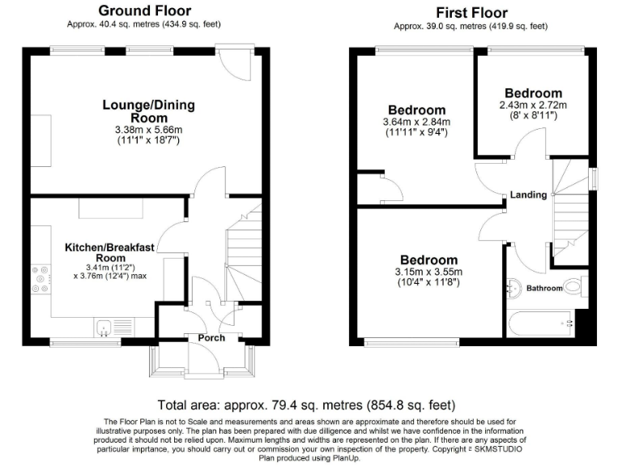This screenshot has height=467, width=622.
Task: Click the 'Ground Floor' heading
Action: point(144,11)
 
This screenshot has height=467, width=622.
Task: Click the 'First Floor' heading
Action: point(471,12)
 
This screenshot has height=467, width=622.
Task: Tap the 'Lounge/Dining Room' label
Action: point(148,111)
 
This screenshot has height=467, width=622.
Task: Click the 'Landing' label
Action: point(526,195)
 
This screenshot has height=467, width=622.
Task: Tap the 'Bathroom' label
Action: point(544,288)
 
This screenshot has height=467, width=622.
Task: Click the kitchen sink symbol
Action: point(104,328)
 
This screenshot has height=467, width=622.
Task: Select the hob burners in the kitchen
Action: point(39,279)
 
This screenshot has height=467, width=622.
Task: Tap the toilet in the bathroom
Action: point(574,285)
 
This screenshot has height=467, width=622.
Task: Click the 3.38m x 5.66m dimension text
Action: point(148,129)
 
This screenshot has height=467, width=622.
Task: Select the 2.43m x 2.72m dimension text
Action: point(532,105)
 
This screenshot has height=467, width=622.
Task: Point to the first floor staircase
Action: point(569,203)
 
